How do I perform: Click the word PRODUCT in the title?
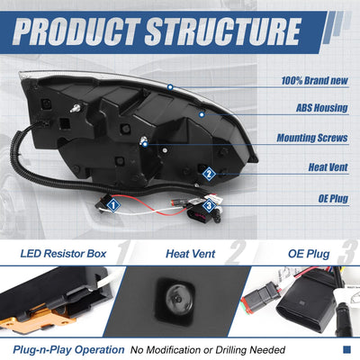[x=76, y=31]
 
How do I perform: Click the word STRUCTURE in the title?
[x=223, y=31]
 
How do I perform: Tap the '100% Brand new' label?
[x=314, y=80]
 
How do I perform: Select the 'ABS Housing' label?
[x=322, y=108]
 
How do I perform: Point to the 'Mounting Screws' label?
[x=312, y=138]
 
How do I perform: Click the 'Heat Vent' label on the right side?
[x=328, y=167]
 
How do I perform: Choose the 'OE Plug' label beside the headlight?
[x=333, y=198]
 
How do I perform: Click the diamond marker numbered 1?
[x=112, y=205]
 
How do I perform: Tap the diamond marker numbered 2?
[x=209, y=174]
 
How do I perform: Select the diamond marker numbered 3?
[x=209, y=205]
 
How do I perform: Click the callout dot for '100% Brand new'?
[x=170, y=87]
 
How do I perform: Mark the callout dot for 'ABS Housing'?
[x=202, y=114]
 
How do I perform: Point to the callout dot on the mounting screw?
[x=145, y=144]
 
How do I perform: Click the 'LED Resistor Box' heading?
[x=63, y=254]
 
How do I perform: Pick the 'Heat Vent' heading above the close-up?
[x=191, y=254]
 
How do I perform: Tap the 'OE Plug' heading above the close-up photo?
[x=309, y=254]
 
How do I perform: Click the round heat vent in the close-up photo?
[x=176, y=299]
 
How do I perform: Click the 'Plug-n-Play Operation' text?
[x=68, y=350]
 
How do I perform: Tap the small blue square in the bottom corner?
[x=346, y=349]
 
